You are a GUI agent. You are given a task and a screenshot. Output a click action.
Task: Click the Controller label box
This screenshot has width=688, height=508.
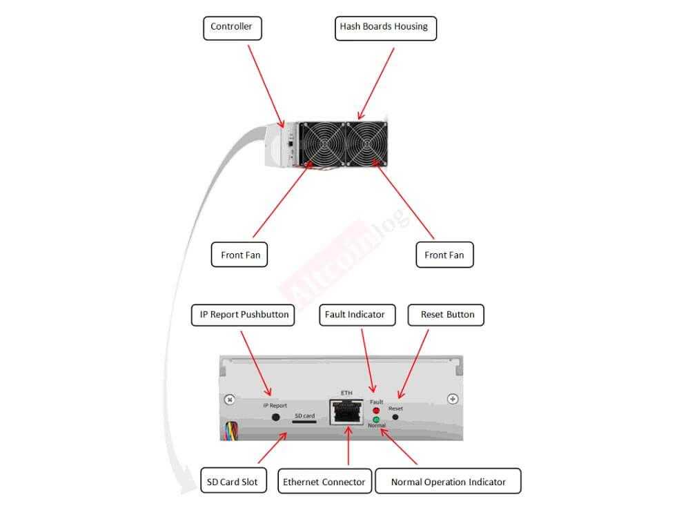point(231,28)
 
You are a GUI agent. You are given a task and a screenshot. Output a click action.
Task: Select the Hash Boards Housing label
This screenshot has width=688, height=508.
point(384,28)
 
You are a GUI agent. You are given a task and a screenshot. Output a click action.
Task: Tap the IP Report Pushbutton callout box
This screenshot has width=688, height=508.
point(244,315)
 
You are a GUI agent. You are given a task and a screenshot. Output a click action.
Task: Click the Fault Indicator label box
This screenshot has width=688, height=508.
point(355,315)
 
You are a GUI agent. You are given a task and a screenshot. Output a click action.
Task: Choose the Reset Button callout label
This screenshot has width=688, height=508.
point(446,315)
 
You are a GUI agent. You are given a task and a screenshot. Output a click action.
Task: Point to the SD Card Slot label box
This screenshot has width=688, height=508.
point(232,481)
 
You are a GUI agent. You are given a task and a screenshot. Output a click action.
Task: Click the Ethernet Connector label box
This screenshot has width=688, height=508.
point(324,481)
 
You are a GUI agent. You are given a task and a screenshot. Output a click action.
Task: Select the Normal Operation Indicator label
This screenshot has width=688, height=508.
point(448,481)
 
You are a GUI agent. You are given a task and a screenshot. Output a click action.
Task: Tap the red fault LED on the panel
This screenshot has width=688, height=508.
point(376,411)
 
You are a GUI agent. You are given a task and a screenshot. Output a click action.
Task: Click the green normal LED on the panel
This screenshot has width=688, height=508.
point(376,419)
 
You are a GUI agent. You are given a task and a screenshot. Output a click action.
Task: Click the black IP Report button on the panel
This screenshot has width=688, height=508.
point(276,417)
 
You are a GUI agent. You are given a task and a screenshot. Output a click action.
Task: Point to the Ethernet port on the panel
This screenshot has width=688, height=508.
point(347,413)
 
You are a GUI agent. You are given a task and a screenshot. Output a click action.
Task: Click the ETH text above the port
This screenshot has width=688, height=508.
point(346,393)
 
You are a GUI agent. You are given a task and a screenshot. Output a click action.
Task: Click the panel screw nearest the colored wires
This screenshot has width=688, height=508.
point(230,400)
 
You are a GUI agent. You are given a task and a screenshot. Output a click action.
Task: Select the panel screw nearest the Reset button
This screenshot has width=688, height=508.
point(453,399)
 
